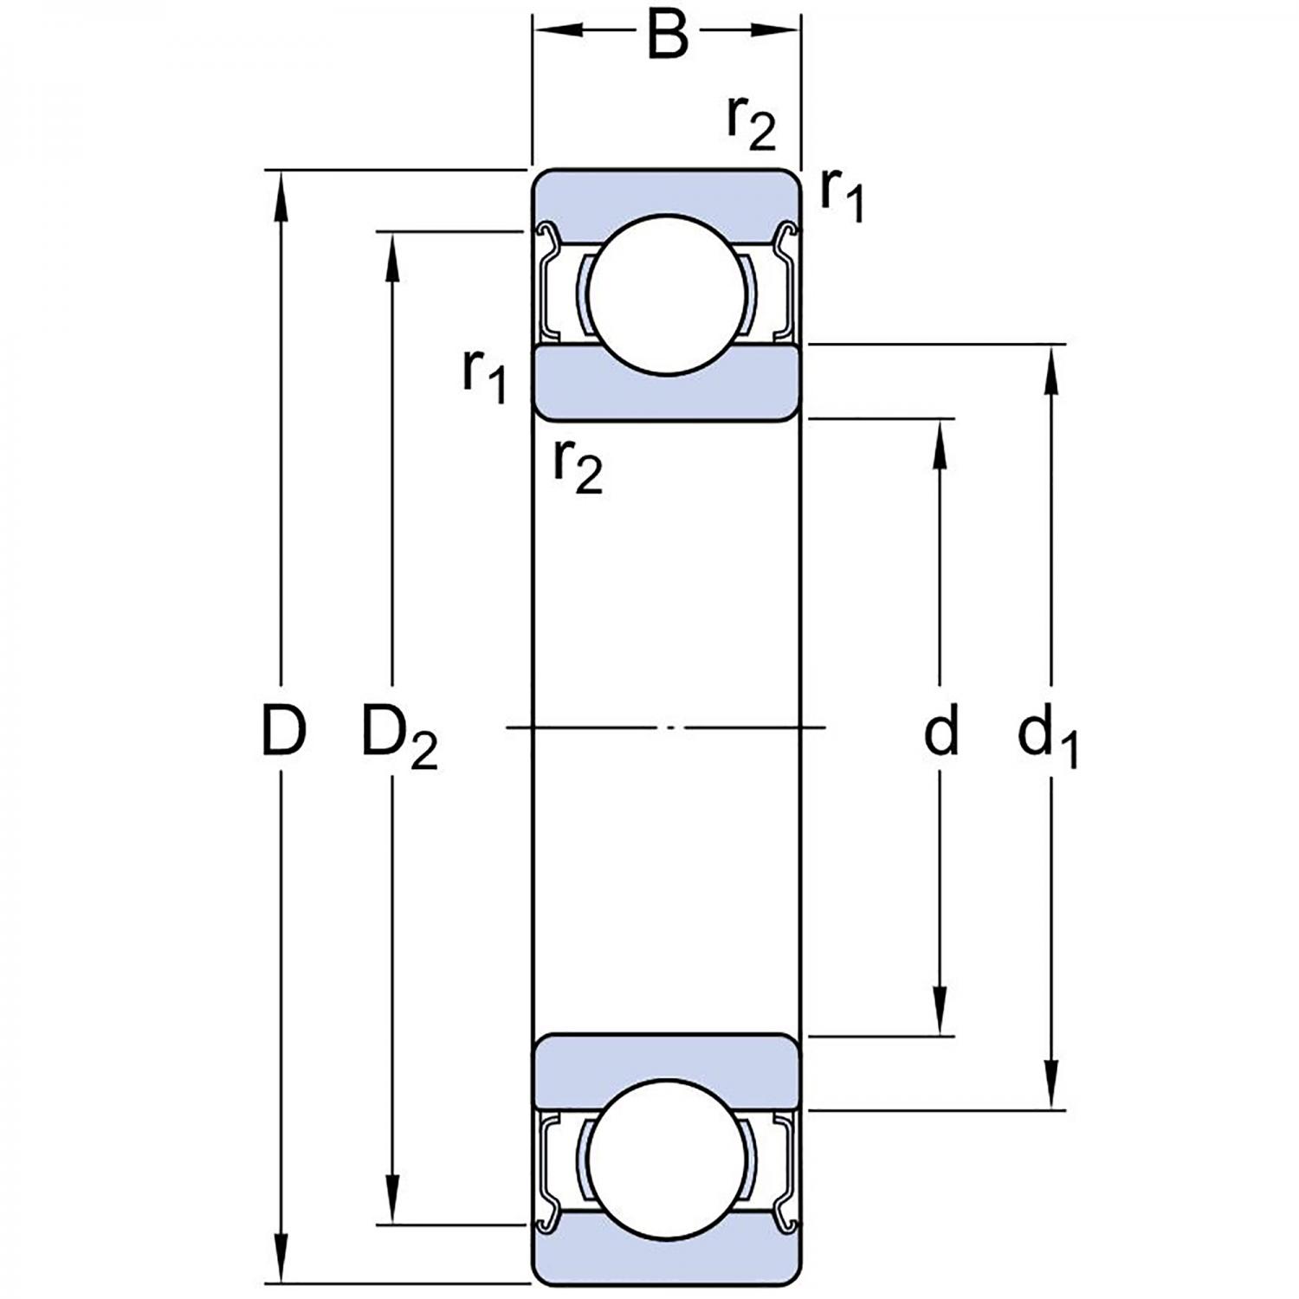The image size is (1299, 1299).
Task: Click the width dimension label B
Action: click(x=668, y=35)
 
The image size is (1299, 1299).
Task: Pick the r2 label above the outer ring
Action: click(x=751, y=124)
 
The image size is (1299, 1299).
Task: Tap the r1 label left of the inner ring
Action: click(x=484, y=375)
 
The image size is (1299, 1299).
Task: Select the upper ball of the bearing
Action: click(x=667, y=294)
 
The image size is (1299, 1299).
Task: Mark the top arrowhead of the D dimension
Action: click(x=280, y=191)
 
